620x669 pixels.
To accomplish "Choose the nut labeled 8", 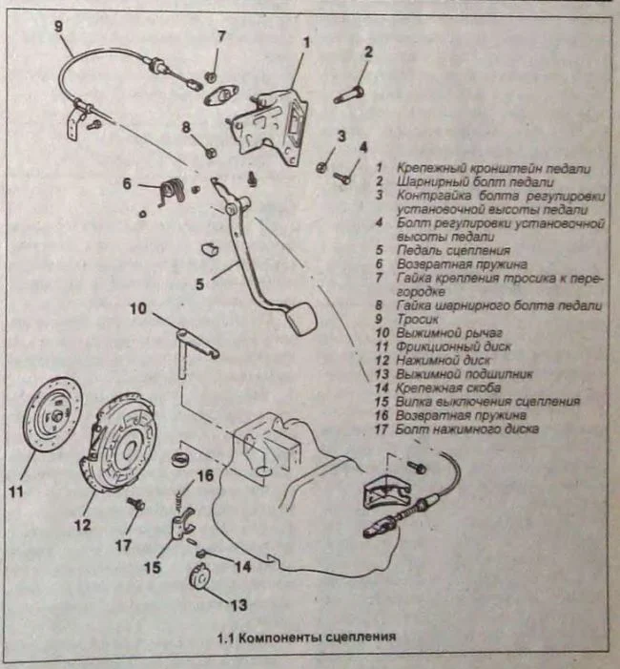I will [211, 150].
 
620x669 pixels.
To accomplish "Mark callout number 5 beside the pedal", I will [199, 282].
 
